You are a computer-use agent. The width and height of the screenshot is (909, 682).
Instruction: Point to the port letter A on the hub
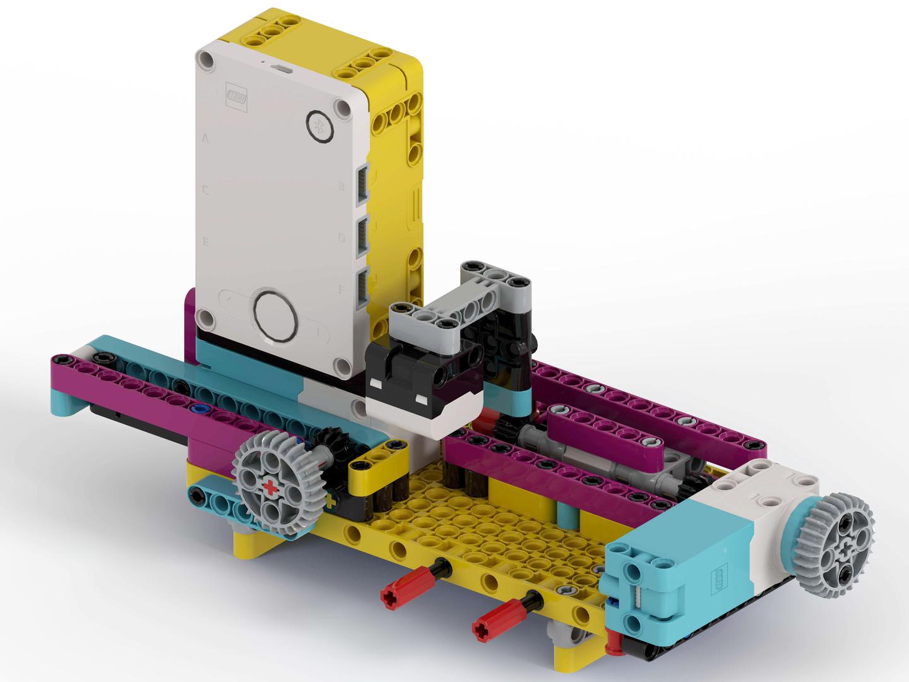pyautogui.click(x=205, y=136)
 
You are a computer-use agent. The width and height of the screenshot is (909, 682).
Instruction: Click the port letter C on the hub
pyautogui.click(x=206, y=189)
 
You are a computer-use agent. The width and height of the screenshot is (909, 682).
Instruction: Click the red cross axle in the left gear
pyautogui.click(x=271, y=487)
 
